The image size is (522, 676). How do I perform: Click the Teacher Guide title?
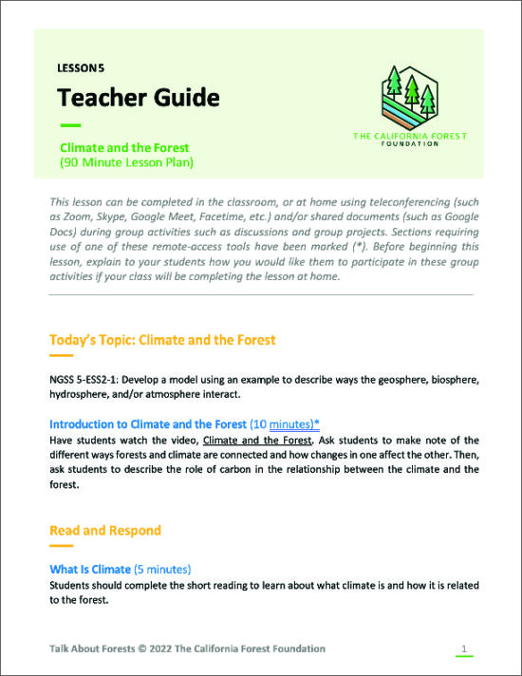point(138,98)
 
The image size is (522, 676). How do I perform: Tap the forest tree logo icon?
point(409,96)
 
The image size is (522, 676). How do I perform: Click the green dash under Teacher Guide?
point(70,125)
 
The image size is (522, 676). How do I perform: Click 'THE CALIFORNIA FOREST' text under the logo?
point(409,136)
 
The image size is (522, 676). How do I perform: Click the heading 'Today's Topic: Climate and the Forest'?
point(162,339)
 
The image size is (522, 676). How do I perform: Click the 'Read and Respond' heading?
point(105,530)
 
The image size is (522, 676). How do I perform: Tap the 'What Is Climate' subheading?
point(90,569)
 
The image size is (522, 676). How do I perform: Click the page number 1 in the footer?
point(463,648)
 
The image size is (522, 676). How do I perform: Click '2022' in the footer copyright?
point(176,648)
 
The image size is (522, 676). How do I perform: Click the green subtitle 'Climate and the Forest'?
point(124,148)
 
